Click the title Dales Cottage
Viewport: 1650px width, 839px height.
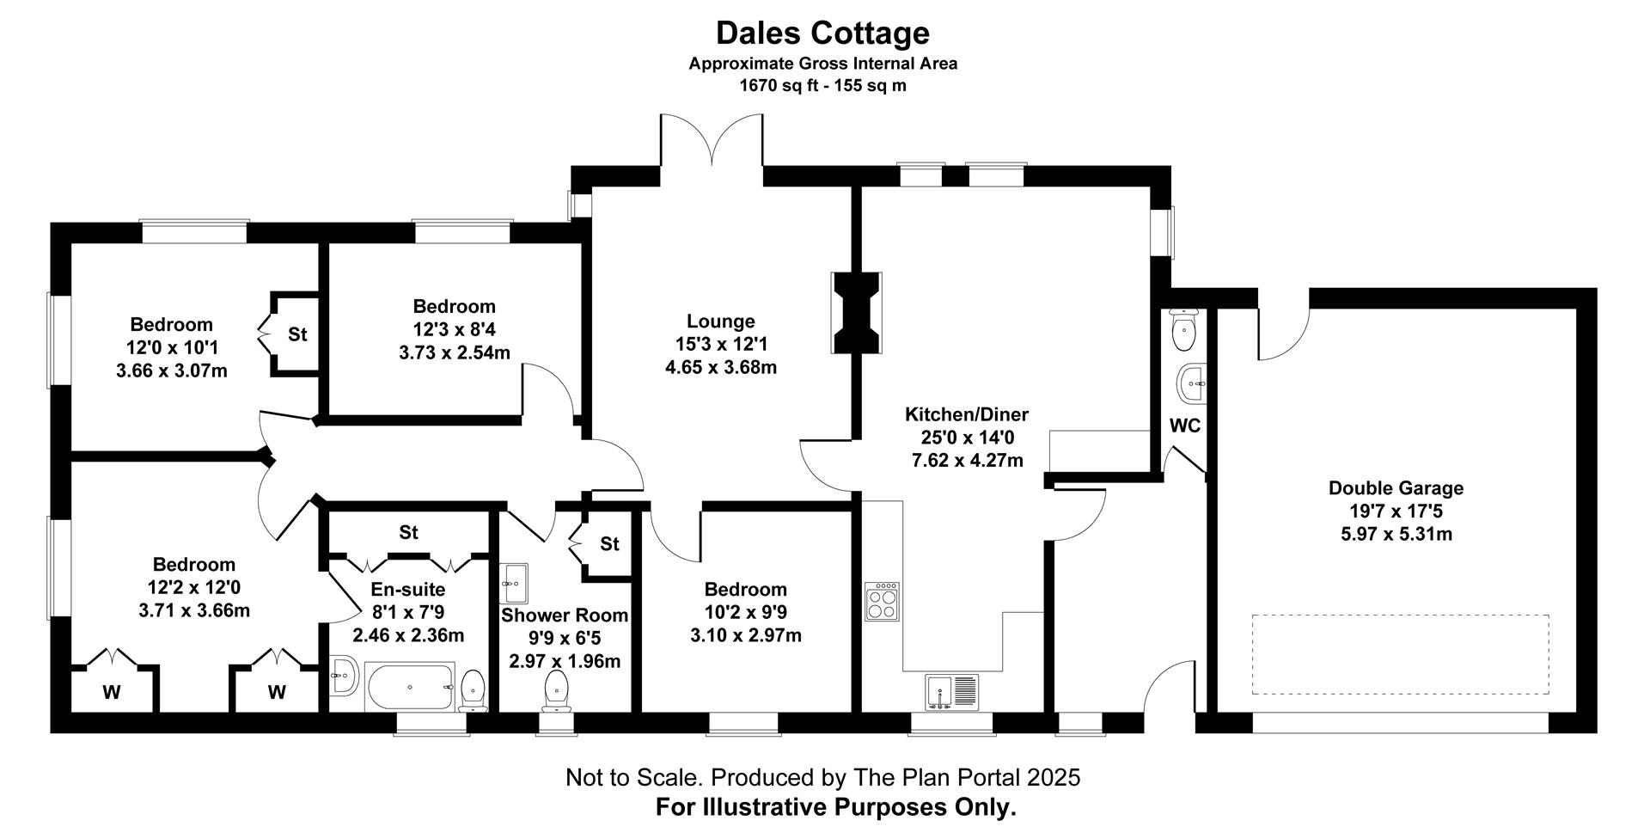(822, 33)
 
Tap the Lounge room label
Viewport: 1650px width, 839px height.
(720, 322)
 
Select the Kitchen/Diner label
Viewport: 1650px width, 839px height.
(967, 414)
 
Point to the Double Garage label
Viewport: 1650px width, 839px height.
(1396, 488)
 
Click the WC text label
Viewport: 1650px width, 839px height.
(1185, 426)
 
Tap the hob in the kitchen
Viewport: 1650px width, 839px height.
(883, 602)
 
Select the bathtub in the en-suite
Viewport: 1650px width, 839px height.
(410, 686)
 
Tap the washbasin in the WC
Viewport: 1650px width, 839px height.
(1190, 383)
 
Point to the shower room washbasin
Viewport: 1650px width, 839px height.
(514, 584)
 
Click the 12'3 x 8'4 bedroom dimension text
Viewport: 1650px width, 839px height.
(454, 329)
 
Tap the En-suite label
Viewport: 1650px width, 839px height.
(408, 590)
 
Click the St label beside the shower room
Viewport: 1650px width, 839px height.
(609, 543)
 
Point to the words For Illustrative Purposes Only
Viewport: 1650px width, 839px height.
(835, 807)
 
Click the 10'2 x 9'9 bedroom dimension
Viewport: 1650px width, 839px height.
(746, 613)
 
